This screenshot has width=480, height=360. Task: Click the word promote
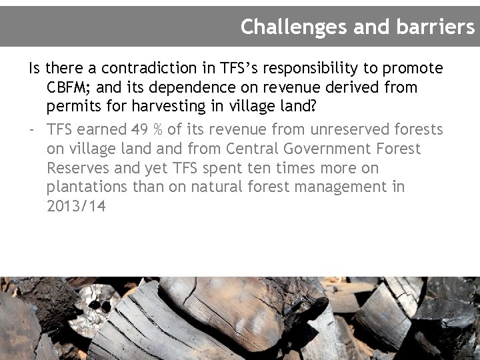pos(413,69)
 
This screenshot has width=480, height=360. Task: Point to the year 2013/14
pos(76,207)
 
